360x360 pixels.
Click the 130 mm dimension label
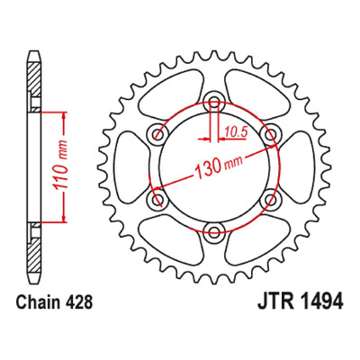pyautogui.click(x=219, y=166)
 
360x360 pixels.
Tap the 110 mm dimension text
pyautogui.click(x=60, y=166)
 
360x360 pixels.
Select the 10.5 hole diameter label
pyautogui.click(x=236, y=131)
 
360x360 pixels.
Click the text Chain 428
pyautogui.click(x=54, y=302)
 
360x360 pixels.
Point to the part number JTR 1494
pyautogui.click(x=300, y=301)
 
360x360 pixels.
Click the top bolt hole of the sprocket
pyautogui.click(x=214, y=101)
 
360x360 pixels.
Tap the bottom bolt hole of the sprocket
pyautogui.click(x=214, y=230)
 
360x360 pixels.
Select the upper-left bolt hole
pyautogui.click(x=157, y=133)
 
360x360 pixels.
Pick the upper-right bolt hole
pyautogui.click(x=270, y=133)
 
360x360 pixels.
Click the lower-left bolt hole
pyautogui.click(x=157, y=198)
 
